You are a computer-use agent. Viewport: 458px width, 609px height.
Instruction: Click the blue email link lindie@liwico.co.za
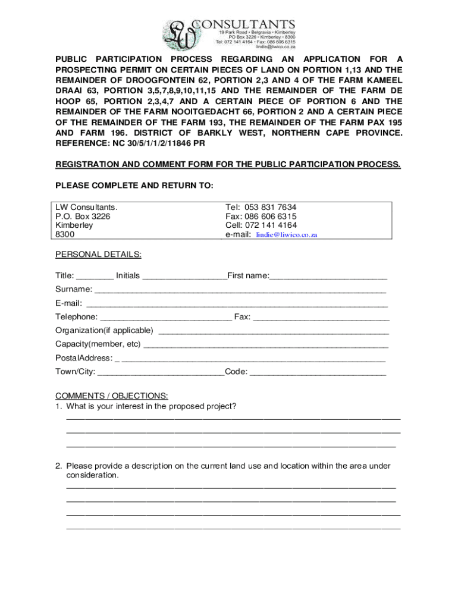[287, 235]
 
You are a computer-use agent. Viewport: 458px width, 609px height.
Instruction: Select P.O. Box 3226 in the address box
[83, 216]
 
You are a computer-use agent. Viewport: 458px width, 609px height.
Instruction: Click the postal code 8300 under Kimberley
[65, 235]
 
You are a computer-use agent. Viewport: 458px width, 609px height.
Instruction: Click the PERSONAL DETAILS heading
[98, 255]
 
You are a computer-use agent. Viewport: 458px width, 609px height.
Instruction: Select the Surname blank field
[240, 290]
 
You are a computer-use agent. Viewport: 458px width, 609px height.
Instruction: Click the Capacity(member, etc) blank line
[266, 345]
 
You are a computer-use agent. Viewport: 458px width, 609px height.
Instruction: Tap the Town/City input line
[161, 373]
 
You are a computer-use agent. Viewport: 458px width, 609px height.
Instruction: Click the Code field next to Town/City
[318, 373]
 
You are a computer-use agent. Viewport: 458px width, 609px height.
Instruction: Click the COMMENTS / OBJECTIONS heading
[111, 396]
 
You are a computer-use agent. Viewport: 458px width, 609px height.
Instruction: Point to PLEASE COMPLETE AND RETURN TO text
[134, 186]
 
